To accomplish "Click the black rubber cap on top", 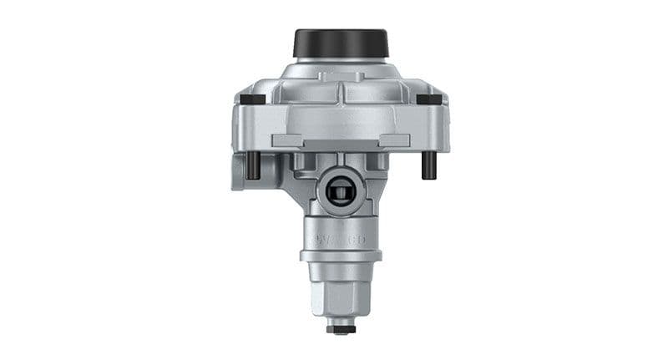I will point(341,42).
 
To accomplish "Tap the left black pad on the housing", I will point(252,99).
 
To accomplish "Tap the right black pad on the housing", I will point(428,99).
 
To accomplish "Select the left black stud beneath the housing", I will point(253,165).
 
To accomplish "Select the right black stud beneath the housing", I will point(428,165).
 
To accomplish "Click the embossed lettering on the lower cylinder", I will point(342,240).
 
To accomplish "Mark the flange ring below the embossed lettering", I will point(342,255).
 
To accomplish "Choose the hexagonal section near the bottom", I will point(342,293).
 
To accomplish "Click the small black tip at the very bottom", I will point(342,329).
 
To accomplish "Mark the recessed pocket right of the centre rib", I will point(372,109).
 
